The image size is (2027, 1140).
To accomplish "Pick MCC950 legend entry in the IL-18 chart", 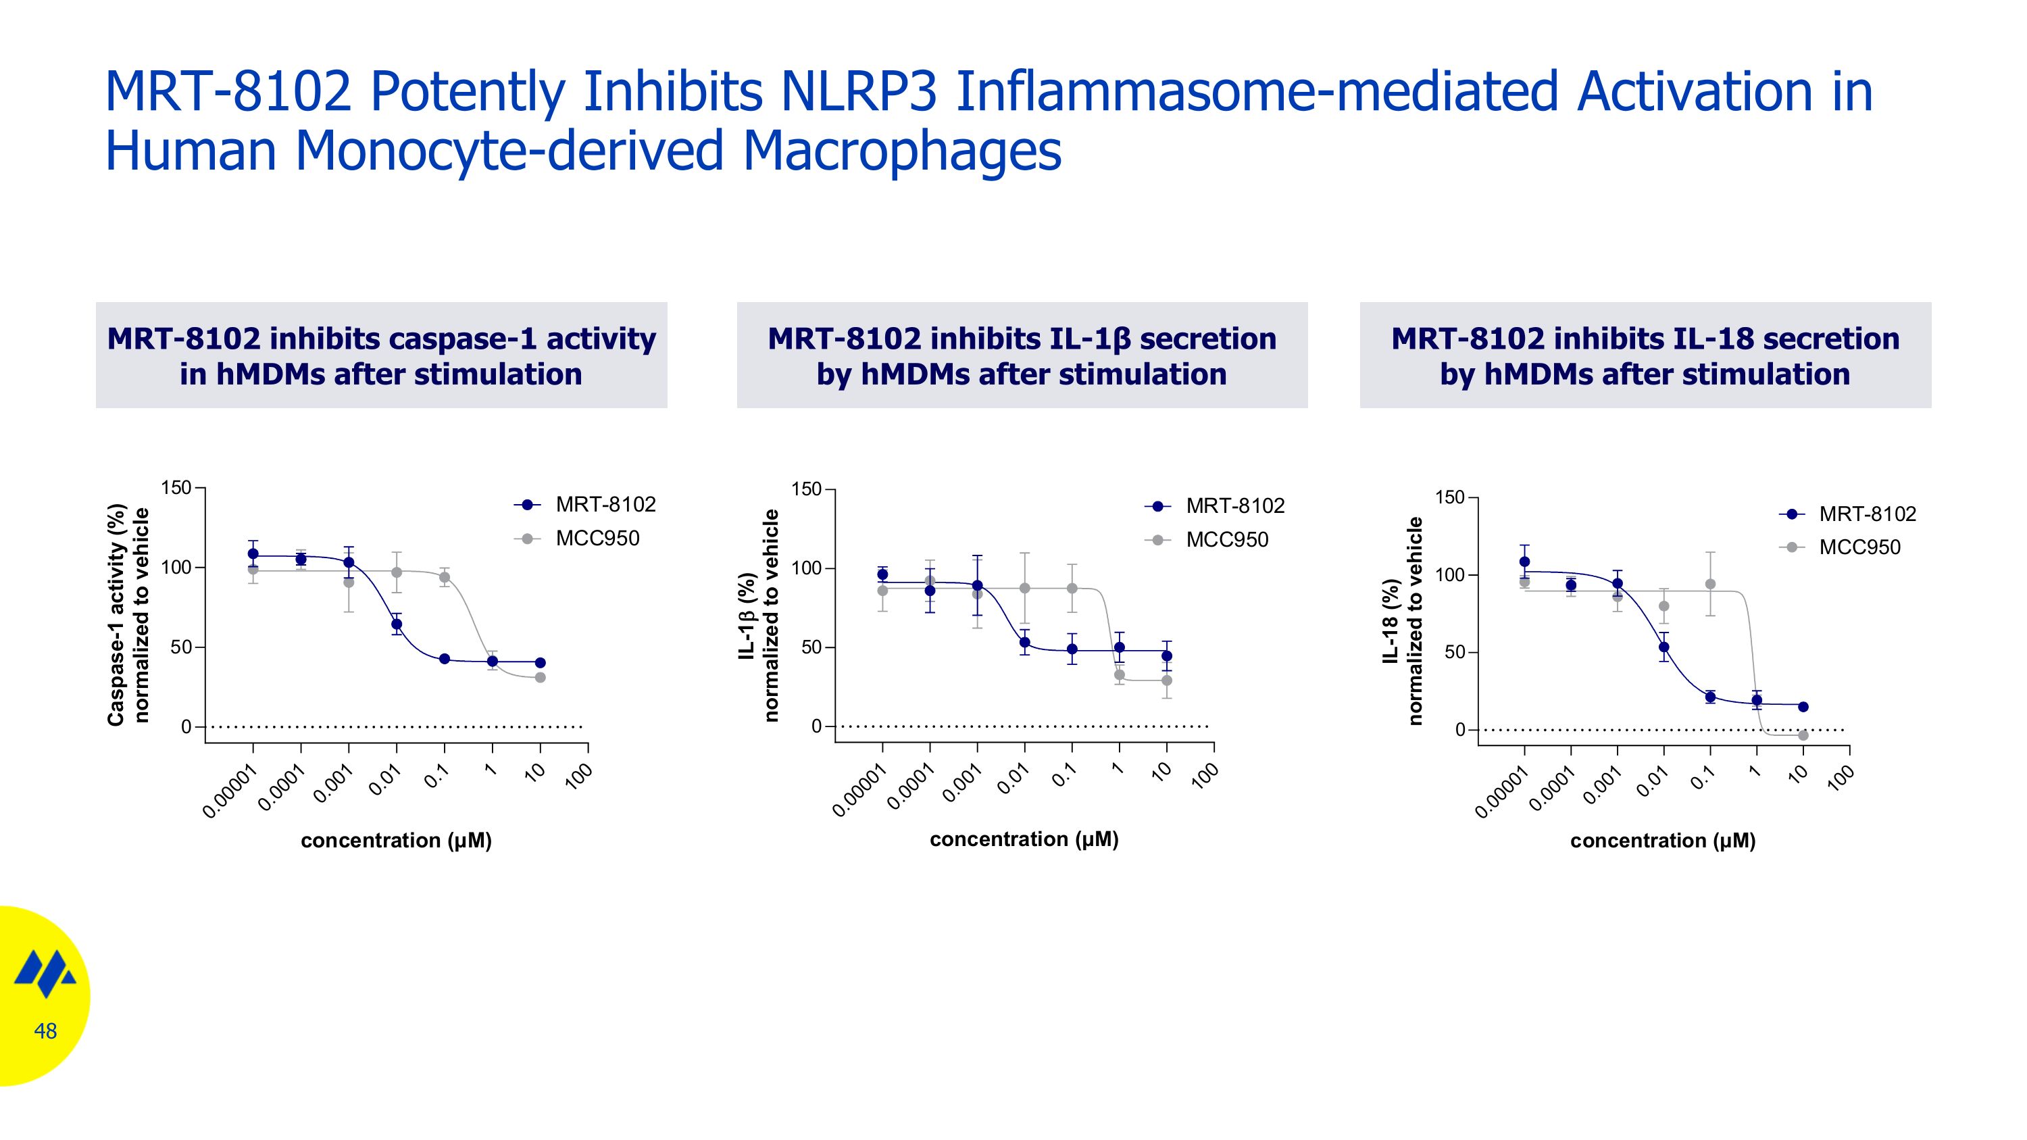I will point(1859,547).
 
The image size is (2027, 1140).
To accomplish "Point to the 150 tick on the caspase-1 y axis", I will point(176,488).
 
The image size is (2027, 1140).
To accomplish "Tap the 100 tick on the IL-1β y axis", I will point(806,568).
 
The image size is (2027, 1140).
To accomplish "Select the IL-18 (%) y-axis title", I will point(1391,621).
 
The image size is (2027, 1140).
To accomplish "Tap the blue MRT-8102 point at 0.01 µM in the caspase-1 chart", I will point(397,624).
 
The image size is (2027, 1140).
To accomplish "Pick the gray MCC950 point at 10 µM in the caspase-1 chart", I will point(540,677).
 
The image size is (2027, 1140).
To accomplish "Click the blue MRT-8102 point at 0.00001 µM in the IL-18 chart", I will point(1524,562).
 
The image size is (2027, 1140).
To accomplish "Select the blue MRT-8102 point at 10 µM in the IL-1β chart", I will point(1166,655).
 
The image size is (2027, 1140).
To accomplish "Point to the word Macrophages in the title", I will point(902,151).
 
